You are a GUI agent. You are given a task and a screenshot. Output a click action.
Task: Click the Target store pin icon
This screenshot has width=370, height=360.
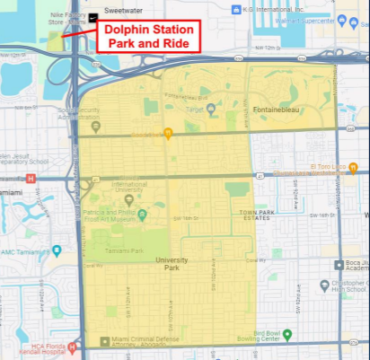pyautogui.click(x=209, y=110)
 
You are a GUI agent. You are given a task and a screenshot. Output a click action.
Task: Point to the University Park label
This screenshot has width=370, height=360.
pyautogui.click(x=172, y=260)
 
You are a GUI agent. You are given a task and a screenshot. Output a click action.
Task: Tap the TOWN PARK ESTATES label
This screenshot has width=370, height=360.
pyautogui.click(x=257, y=215)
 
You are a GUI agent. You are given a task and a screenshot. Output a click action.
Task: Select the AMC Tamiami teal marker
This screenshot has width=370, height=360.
pyautogui.click(x=57, y=250)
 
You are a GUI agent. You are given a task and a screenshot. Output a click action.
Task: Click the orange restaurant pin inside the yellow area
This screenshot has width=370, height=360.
pyautogui.click(x=168, y=134)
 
